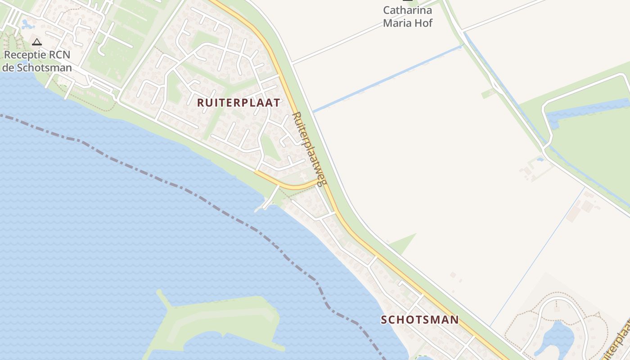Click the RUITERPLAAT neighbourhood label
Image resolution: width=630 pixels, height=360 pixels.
[x=238, y=103]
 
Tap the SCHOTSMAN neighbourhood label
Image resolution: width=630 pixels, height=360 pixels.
[x=419, y=320]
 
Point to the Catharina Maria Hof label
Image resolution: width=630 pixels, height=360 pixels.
[x=407, y=17]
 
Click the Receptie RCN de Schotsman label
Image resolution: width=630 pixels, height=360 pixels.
[x=37, y=62]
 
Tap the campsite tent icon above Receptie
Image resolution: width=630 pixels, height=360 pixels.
[x=37, y=42]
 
